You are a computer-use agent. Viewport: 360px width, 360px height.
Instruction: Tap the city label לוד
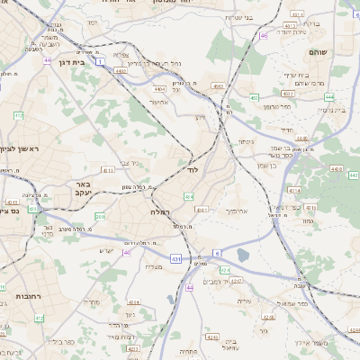(x=192, y=169)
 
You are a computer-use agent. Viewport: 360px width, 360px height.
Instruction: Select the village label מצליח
(x=154, y=266)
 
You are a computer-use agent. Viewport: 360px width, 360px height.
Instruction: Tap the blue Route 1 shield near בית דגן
(x=102, y=61)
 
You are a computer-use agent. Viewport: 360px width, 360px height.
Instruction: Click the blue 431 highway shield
(x=176, y=259)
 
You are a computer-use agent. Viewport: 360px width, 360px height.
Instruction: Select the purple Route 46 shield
(x=263, y=36)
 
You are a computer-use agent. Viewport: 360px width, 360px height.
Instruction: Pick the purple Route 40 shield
(x=127, y=253)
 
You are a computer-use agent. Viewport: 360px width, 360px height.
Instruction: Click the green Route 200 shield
(x=99, y=217)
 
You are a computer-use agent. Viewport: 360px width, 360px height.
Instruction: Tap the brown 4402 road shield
(x=159, y=90)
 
